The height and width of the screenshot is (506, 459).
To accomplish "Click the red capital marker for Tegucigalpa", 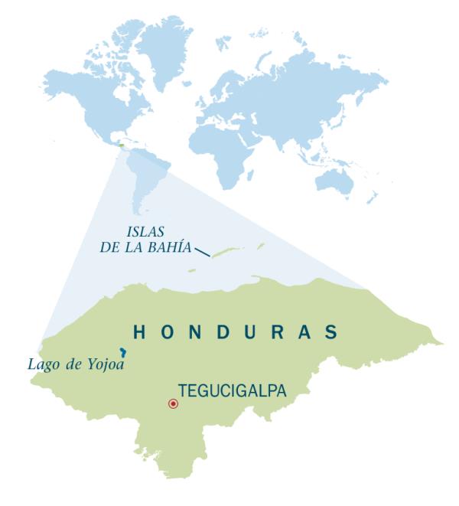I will [x=173, y=403].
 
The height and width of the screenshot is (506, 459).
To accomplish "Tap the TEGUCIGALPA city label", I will [x=232, y=390].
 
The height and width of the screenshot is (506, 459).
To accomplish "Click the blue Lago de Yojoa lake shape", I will [x=123, y=352].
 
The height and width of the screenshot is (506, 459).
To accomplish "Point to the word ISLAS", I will [x=145, y=230].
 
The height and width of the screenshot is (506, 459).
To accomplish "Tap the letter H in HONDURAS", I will [x=139, y=332].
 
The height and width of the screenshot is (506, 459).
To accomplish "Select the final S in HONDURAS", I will [x=331, y=332].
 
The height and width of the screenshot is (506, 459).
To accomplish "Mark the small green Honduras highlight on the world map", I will [x=120, y=143].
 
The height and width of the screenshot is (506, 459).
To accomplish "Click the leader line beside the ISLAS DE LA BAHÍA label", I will [x=202, y=251].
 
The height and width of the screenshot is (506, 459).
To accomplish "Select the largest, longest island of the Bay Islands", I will [x=225, y=251].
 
